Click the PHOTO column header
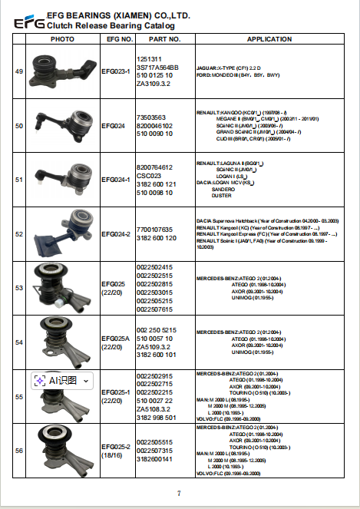click(x=62, y=38)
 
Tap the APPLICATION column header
click(x=269, y=38)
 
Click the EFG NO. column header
click(x=117, y=38)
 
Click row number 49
click(x=19, y=71)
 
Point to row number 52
click(x=19, y=233)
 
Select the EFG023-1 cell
click(x=117, y=71)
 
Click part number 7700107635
click(x=154, y=230)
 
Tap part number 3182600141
click(x=154, y=459)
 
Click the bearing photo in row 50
click(x=61, y=124)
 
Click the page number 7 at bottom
click(x=179, y=493)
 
